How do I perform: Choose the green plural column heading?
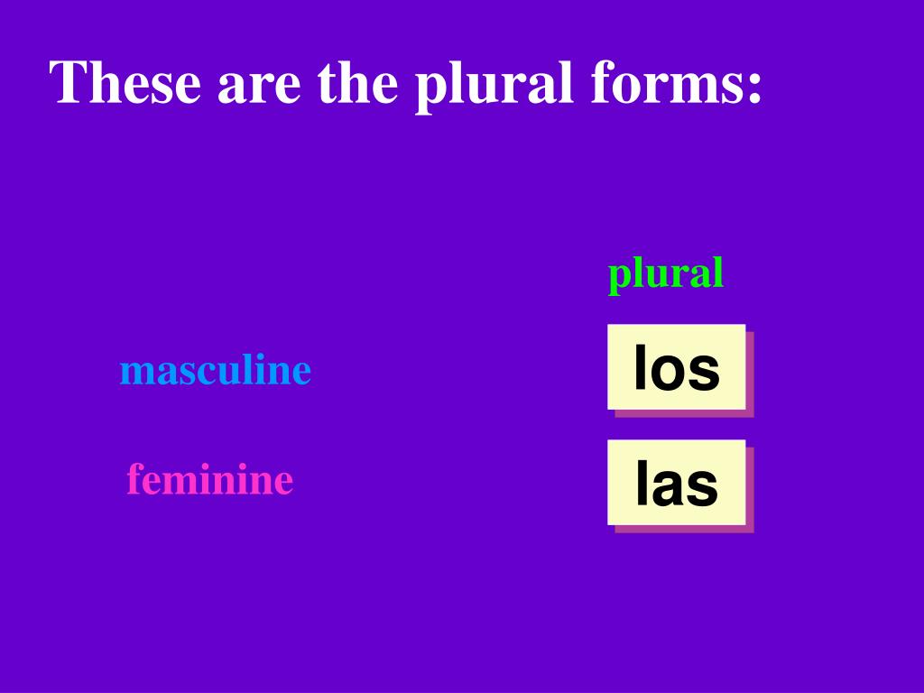[x=665, y=273]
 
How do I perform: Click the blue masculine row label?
[x=215, y=370]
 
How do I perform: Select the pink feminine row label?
[x=209, y=479]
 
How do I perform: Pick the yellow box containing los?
[x=676, y=366]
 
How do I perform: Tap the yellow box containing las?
[x=676, y=482]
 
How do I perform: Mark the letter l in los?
[x=640, y=367]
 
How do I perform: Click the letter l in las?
[x=641, y=483]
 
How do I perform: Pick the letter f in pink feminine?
[x=134, y=478]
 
